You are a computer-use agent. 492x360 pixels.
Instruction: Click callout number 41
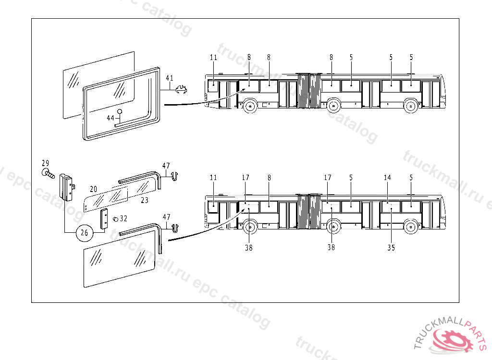tap(170, 78)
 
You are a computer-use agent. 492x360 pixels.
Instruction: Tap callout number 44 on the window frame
tap(111, 118)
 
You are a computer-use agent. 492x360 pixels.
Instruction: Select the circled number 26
tap(85, 233)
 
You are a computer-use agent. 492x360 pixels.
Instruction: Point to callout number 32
tap(123, 218)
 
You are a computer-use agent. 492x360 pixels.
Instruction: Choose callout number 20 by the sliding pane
tap(94, 189)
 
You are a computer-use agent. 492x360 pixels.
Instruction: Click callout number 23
tap(144, 200)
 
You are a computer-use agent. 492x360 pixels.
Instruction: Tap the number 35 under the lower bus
tap(391, 248)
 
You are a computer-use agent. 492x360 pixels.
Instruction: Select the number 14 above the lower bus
tap(388, 178)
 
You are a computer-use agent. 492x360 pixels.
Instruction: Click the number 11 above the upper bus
tap(213, 58)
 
